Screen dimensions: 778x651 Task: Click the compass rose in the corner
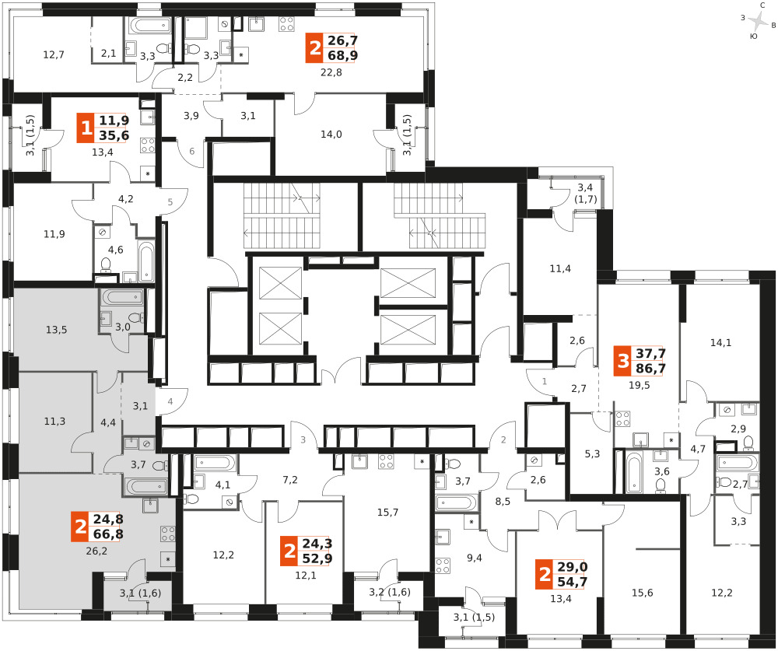pos(759,21)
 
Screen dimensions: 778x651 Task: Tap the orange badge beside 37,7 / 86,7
pos(622,361)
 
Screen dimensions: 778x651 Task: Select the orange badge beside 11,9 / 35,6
pos(86,128)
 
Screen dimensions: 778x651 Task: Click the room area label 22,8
pos(331,72)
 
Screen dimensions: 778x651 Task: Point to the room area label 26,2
pos(96,551)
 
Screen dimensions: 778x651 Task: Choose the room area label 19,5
pos(639,385)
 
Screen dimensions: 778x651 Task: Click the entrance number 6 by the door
pos(192,151)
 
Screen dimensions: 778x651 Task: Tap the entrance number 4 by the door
pos(170,401)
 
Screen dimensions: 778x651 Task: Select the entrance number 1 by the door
pos(545,381)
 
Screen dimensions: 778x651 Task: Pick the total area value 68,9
pos(342,55)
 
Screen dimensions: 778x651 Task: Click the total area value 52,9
pos(317,558)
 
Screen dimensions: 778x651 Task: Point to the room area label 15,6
pos(642,593)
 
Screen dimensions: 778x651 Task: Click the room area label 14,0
pos(331,135)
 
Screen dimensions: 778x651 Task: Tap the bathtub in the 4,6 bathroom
pos(146,261)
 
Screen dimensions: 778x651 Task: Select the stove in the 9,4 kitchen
pos(443,565)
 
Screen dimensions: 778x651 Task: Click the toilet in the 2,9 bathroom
pos(748,442)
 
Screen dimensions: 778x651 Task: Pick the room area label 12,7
pos(54,54)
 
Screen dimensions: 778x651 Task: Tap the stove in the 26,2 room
pos(168,534)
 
